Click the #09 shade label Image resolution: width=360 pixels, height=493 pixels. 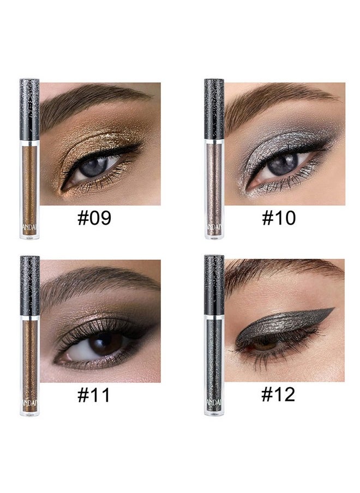[x=94, y=218]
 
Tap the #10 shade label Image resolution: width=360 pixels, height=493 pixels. [x=279, y=218]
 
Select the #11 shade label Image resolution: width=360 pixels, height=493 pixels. [x=94, y=395]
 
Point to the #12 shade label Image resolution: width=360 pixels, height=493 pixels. [x=279, y=395]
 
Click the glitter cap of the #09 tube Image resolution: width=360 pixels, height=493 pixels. [x=29, y=109]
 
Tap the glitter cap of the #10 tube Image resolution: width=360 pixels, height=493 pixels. [x=214, y=109]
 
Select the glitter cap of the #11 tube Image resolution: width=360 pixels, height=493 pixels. [x=29, y=285]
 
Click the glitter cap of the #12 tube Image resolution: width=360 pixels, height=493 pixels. [x=214, y=285]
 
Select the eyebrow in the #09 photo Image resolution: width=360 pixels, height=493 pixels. [x=93, y=101]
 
